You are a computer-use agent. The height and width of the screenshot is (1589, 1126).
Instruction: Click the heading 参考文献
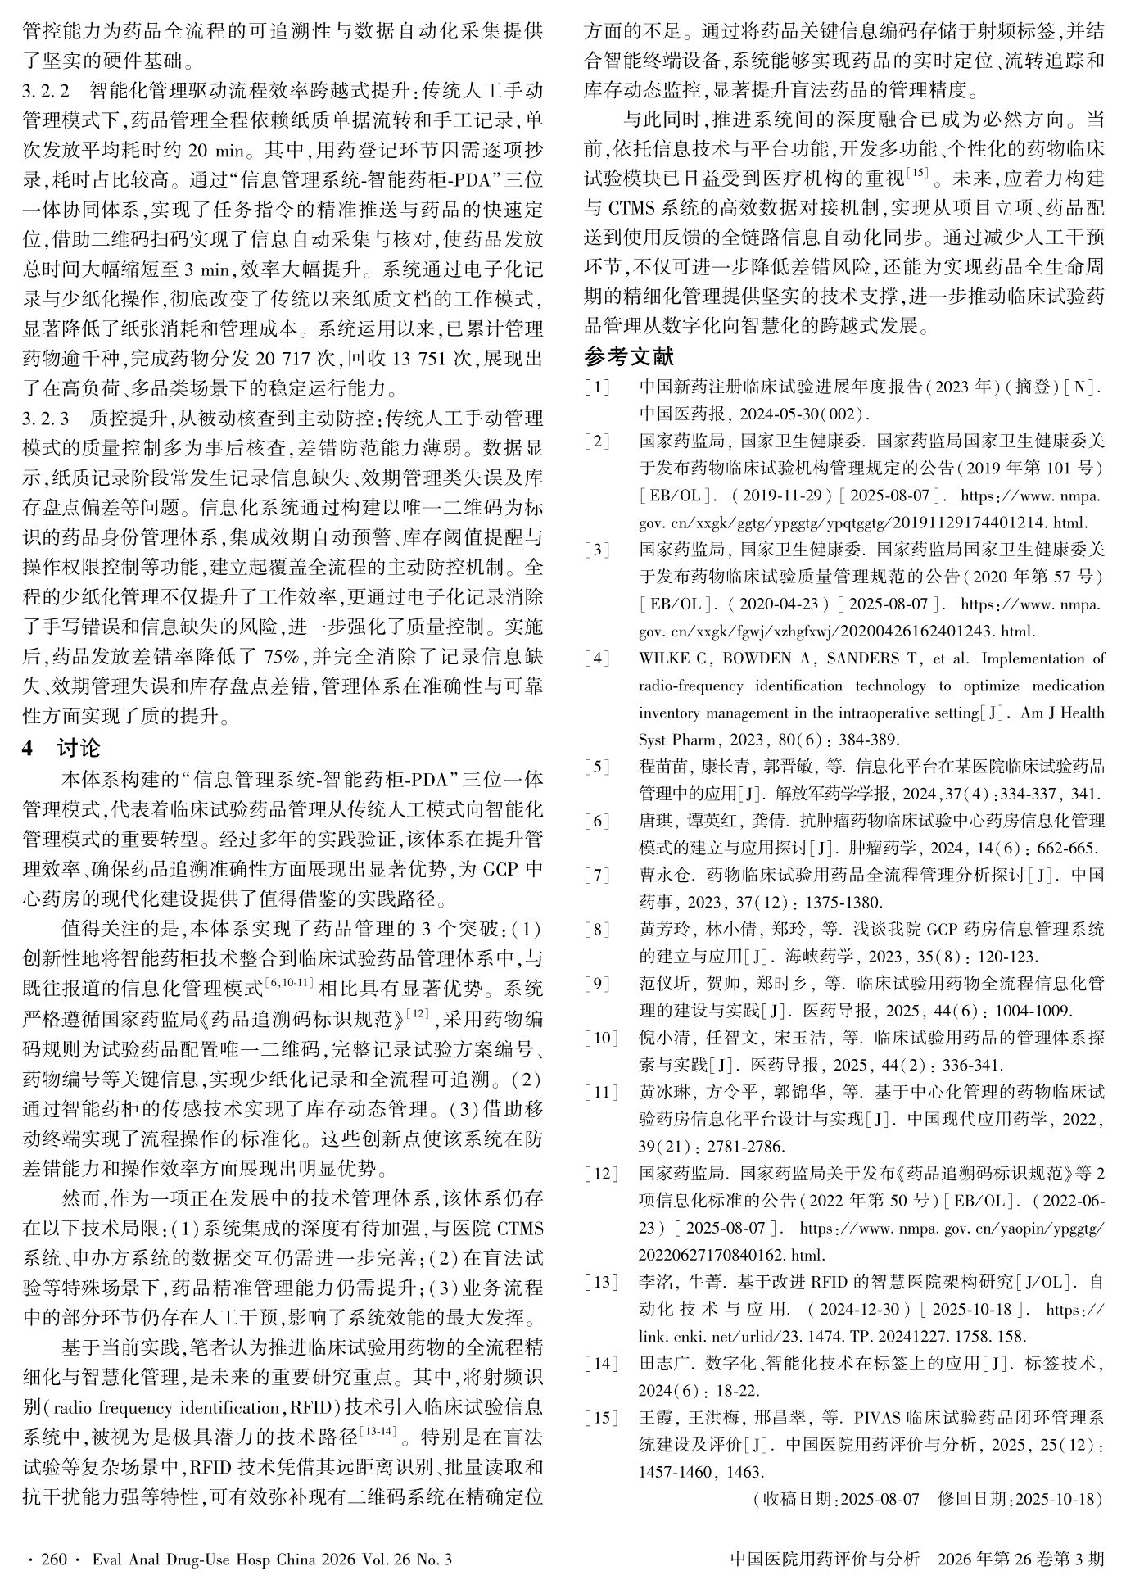click(x=628, y=357)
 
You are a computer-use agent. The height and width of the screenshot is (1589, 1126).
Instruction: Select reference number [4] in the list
click(x=597, y=659)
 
